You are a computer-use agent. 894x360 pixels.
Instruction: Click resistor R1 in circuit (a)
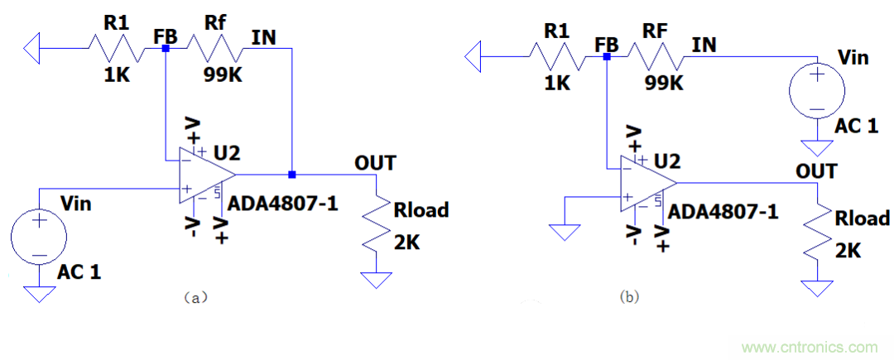[x=115, y=49]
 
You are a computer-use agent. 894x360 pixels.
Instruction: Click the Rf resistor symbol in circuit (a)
[x=214, y=49]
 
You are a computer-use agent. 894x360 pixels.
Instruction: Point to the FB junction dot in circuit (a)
[x=166, y=49]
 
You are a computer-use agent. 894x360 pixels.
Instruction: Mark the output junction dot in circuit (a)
[x=291, y=175]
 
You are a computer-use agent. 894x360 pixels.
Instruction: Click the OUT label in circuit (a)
[x=374, y=162]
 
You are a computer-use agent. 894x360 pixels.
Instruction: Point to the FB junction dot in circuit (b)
[x=607, y=57]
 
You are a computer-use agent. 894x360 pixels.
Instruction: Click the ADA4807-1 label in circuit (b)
[x=723, y=212]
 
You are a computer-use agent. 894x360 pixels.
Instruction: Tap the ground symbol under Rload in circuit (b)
[x=818, y=287]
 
